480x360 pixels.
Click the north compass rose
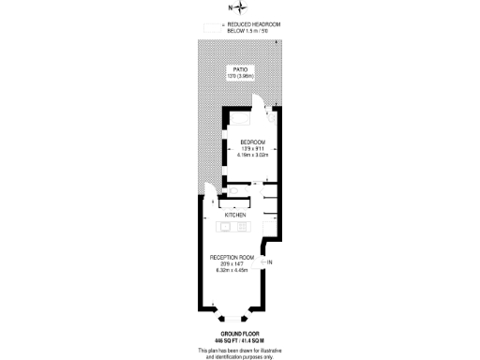pyautogui.click(x=242, y=9)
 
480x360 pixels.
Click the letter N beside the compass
pyautogui.click(x=231, y=9)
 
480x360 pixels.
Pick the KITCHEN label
pyautogui.click(x=235, y=215)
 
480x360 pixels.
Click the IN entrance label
pyautogui.click(x=271, y=262)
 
